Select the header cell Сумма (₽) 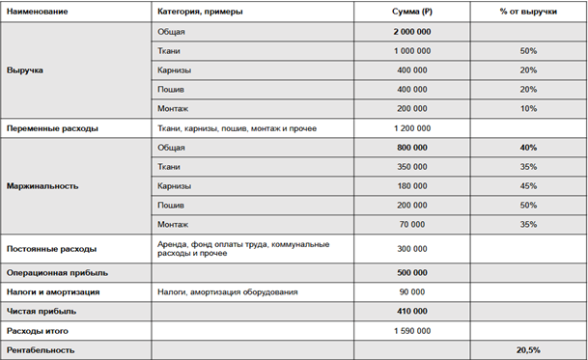tap(411, 11)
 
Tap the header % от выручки tap(527, 11)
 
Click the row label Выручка tap(25, 70)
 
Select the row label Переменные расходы tap(50, 127)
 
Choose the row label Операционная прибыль tap(55, 273)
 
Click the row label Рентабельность tap(41, 348)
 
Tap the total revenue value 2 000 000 tap(411, 32)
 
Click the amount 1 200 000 tap(411, 127)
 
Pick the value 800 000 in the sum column tap(411, 147)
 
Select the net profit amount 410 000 tap(411, 311)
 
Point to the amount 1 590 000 tap(411, 330)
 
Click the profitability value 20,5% tap(527, 348)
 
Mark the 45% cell tap(527, 185)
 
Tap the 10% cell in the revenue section tap(527, 108)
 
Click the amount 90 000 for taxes tap(411, 291)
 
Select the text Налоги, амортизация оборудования tap(227, 291)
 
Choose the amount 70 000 tap(411, 224)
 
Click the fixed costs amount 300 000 tap(411, 248)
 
